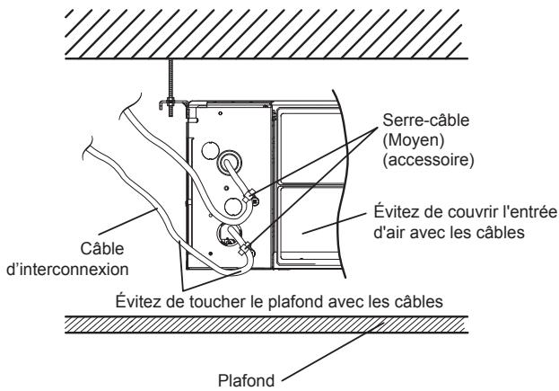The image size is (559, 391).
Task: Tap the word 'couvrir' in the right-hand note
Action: tap(461, 212)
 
